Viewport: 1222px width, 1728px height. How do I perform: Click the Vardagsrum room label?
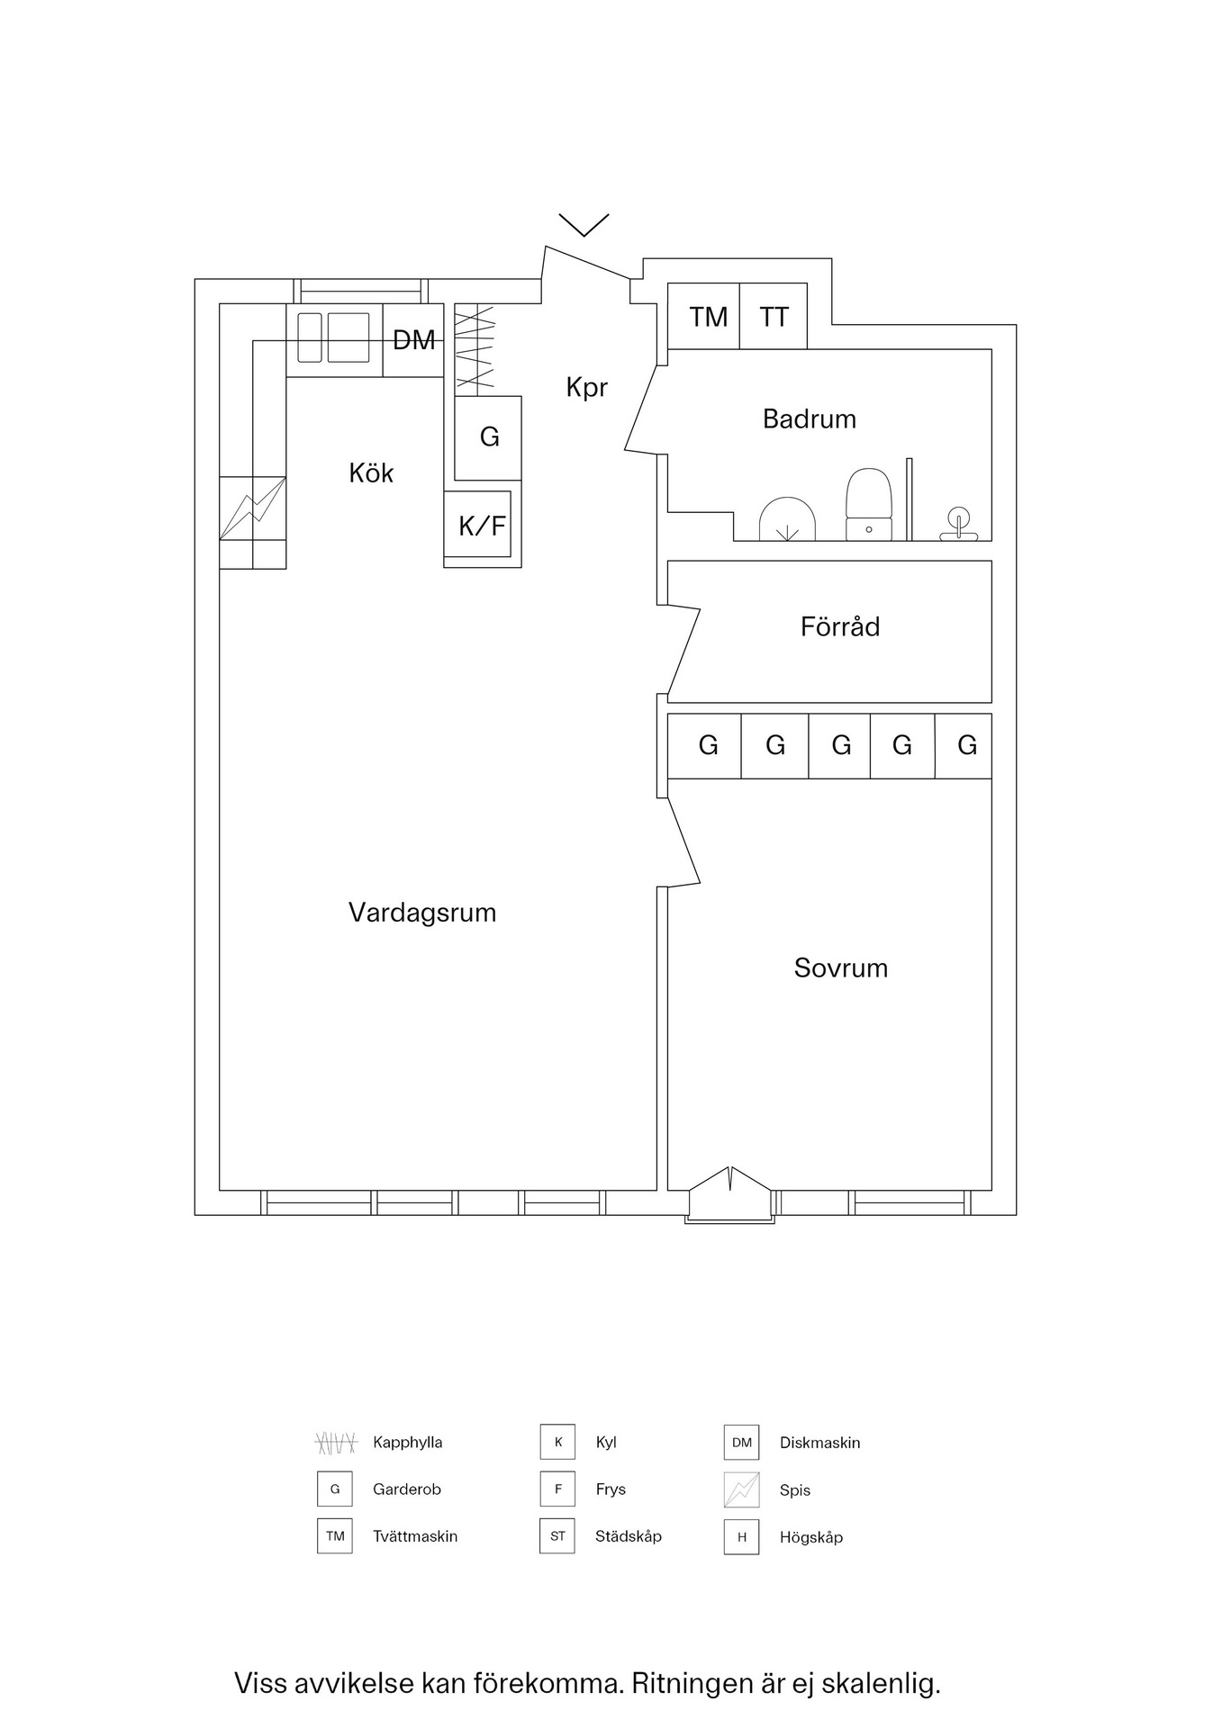pyautogui.click(x=422, y=913)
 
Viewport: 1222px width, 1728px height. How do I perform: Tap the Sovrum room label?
pyautogui.click(x=840, y=967)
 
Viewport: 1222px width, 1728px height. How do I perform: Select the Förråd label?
pyautogui.click(x=839, y=626)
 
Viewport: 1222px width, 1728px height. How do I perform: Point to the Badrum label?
pyautogui.click(x=809, y=418)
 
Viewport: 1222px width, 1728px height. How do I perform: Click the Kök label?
pyautogui.click(x=371, y=472)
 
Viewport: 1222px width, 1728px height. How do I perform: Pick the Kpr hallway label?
pyautogui.click(x=586, y=387)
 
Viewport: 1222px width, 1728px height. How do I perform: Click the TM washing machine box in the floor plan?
pyautogui.click(x=707, y=317)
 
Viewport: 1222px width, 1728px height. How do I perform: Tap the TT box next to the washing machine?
pyautogui.click(x=774, y=317)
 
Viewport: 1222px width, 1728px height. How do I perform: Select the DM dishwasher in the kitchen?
pyautogui.click(x=413, y=340)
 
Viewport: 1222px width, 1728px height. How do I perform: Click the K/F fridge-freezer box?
pyautogui.click(x=481, y=526)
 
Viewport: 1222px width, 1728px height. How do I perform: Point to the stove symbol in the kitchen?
pyautogui.click(x=253, y=508)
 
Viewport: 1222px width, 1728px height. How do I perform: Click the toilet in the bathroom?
pyautogui.click(x=868, y=504)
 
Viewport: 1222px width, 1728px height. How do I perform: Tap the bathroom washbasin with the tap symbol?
pyautogui.click(x=958, y=525)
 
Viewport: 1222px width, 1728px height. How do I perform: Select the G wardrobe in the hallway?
pyautogui.click(x=489, y=437)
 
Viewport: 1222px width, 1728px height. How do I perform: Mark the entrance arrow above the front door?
pyautogui.click(x=584, y=223)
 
